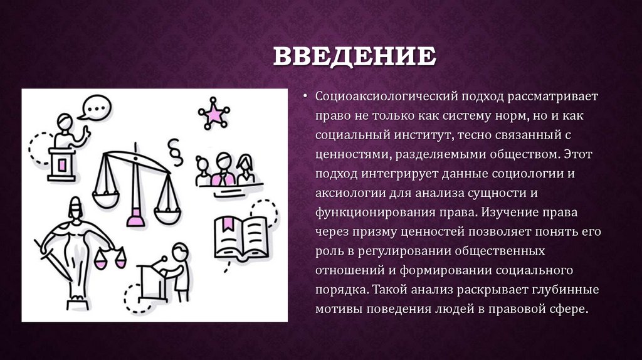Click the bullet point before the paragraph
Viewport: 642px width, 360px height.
pos(305,97)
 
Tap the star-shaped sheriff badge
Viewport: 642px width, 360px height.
pos(214,114)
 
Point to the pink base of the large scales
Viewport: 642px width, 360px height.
pos(134,219)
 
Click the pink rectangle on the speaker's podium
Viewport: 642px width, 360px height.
pos(62,164)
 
